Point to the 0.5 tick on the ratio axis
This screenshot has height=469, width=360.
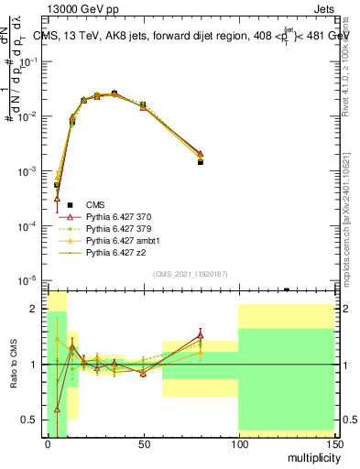point(34,420)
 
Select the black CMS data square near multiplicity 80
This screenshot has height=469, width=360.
point(200,161)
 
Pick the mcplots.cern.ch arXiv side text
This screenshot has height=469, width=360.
point(345,211)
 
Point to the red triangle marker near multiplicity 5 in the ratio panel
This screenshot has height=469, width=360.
point(57,409)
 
